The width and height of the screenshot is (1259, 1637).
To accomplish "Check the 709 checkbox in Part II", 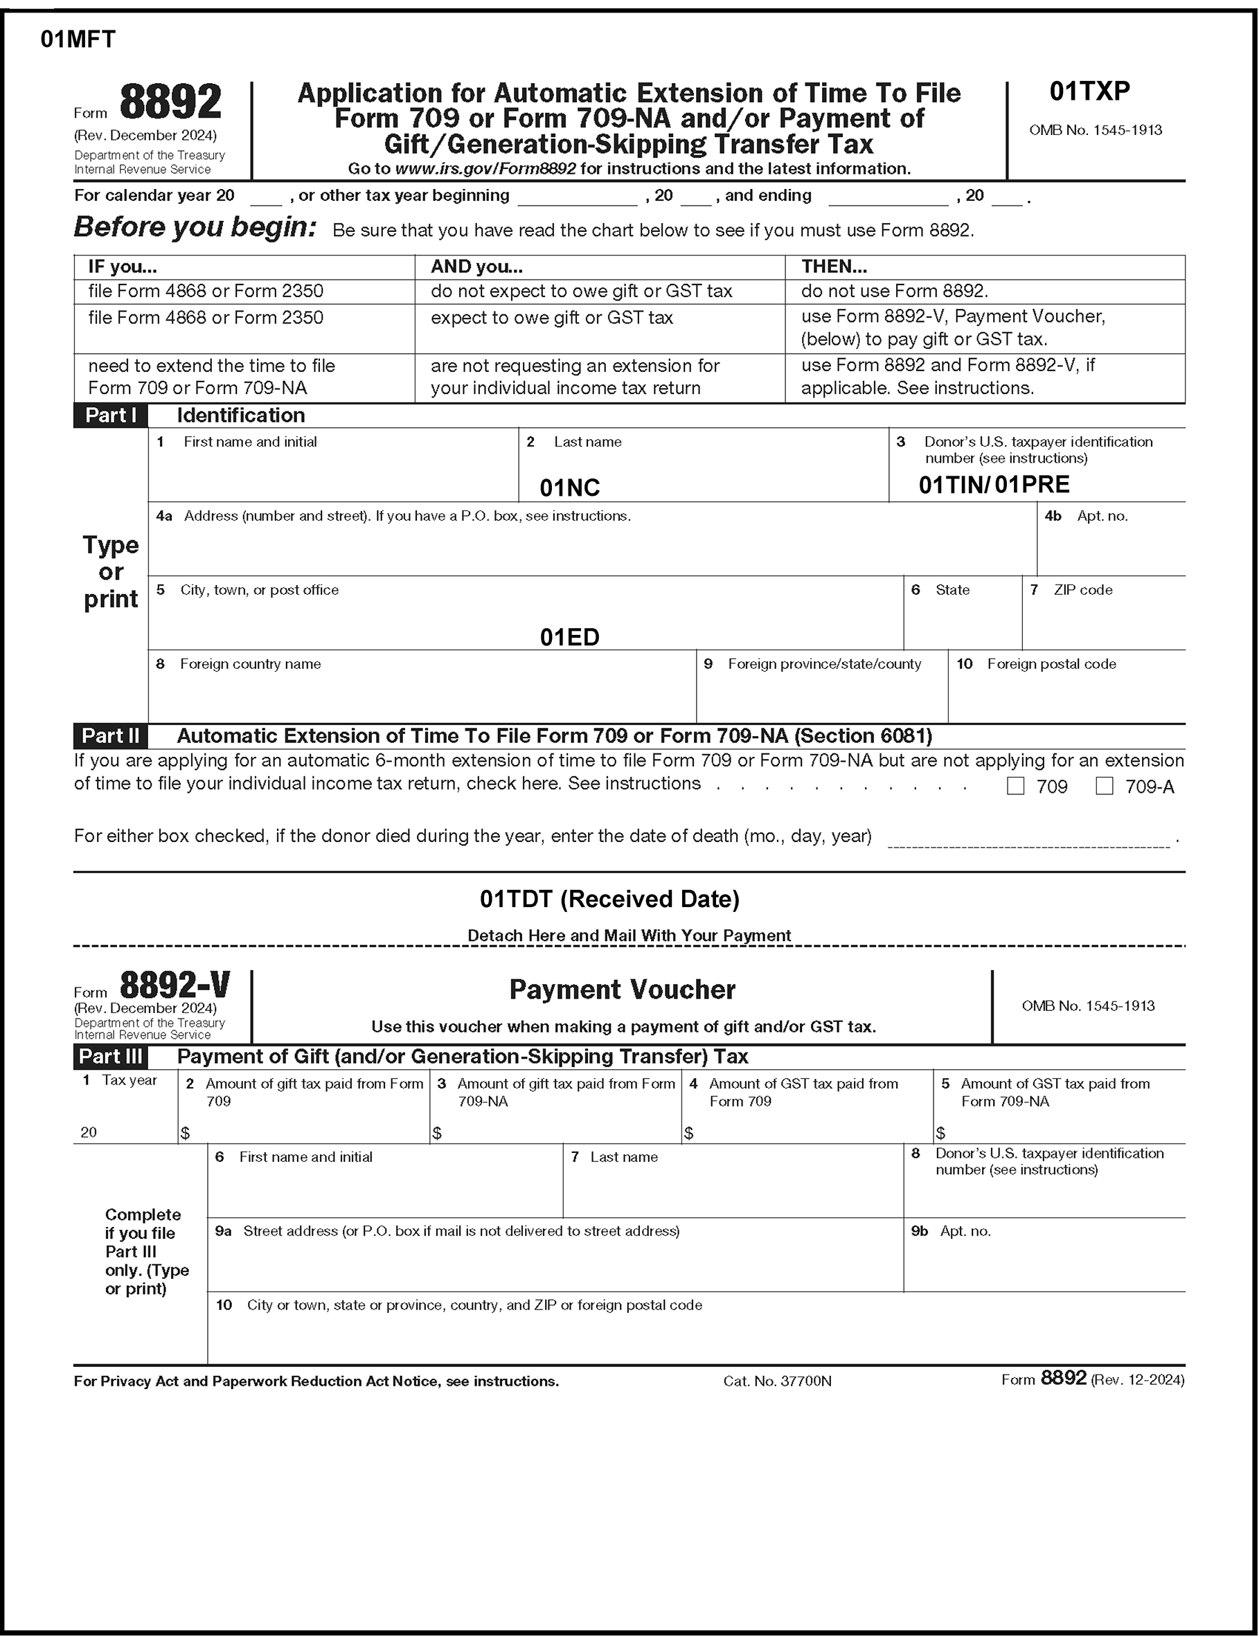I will coord(1015,786).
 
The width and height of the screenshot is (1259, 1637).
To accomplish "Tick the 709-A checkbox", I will coord(1104,786).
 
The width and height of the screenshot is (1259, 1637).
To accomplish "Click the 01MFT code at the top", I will coord(78,39).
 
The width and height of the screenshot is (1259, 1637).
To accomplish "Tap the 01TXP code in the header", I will coord(1089,91).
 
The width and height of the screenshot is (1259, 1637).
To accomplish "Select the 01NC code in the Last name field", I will coord(569,487).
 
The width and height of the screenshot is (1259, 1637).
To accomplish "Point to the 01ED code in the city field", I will coord(569,637).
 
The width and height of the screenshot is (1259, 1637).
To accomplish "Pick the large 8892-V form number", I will coord(175,985).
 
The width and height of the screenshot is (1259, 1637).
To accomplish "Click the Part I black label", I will coord(110,415).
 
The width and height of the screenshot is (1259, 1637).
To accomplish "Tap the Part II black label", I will coord(110,735).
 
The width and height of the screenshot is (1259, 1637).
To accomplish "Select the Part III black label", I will coord(110,1057).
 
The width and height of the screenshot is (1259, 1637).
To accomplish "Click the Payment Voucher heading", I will coord(622,990).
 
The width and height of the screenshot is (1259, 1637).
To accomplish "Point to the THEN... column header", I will coord(833,267).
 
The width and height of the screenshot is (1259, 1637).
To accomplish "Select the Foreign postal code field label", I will coord(1051,664).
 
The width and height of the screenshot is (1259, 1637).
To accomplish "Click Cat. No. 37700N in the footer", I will coord(777,1381).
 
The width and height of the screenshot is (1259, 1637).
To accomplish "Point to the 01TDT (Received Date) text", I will coord(609,899).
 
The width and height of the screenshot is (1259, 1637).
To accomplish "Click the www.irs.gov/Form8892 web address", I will coord(485,168).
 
